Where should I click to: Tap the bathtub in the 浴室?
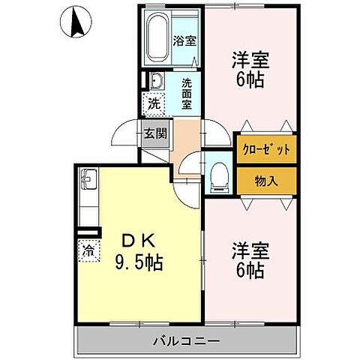click(x=159, y=37)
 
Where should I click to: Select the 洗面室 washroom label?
click(x=187, y=93)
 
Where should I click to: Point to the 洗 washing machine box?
click(x=153, y=105)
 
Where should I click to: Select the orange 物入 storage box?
click(x=265, y=179)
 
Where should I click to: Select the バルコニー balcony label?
click(x=187, y=340)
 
